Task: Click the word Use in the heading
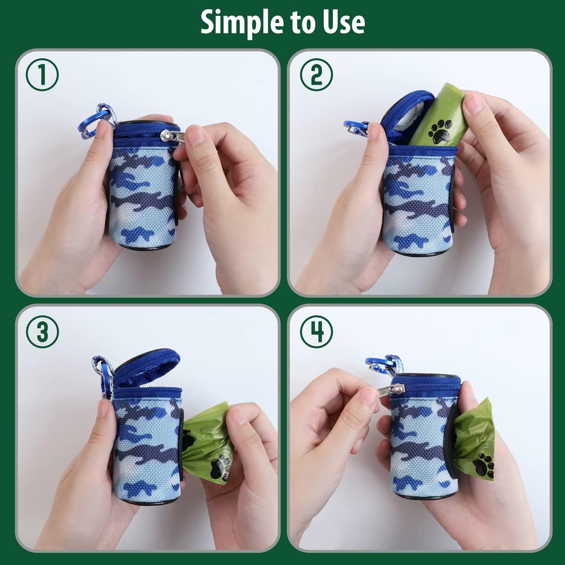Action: [342, 22]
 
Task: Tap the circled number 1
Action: [42, 75]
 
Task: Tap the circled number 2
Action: [316, 75]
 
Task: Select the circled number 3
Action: [42, 332]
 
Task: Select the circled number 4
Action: [316, 332]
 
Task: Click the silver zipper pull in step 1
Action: [172, 136]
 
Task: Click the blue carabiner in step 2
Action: [354, 127]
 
